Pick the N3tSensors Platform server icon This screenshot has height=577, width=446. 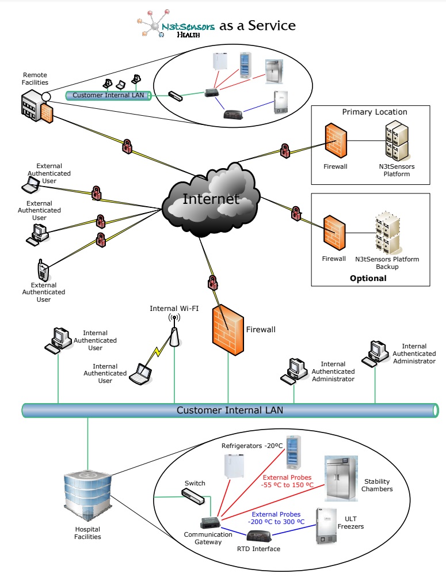tap(397, 141)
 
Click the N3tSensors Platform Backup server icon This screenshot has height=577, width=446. tap(387, 233)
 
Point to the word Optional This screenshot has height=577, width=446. tap(368, 278)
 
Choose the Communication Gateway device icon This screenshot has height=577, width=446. tap(209, 523)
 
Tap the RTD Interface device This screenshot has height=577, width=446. tap(259, 536)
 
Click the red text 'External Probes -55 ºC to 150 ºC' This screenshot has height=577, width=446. tap(288, 481)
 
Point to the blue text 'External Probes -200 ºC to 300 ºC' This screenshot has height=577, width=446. tap(276, 518)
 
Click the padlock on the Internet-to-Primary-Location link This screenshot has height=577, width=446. tap(284, 151)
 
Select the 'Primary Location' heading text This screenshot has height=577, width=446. tap(375, 112)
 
